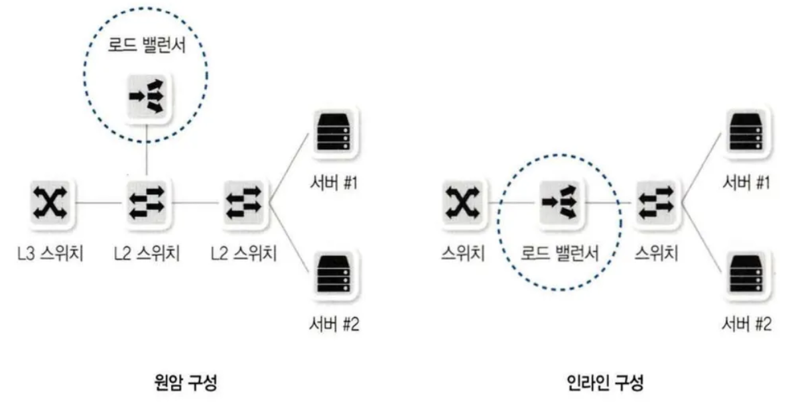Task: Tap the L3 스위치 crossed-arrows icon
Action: coord(50,201)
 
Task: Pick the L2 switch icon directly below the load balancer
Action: coord(146,201)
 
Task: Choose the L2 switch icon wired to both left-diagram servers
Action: coord(244,201)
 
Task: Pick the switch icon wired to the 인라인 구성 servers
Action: coord(655,201)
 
